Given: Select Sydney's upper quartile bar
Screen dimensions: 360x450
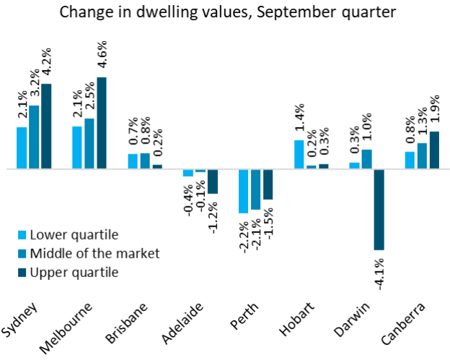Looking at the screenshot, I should coord(47,126).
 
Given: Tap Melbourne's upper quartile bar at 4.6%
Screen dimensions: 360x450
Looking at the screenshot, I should coord(102,123).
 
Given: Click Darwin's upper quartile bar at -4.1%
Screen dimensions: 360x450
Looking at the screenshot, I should coord(379,209).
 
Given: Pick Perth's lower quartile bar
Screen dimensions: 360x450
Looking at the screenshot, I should coord(244,191).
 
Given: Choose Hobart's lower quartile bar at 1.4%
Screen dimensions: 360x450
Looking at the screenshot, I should coord(299,154).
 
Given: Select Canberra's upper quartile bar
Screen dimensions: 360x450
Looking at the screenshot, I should coord(434,150).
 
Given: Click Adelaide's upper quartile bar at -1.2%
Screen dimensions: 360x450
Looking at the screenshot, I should coord(213,181).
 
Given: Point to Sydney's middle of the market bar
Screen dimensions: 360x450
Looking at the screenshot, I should coord(35,137).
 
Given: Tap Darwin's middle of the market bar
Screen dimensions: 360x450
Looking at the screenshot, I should coord(367,159).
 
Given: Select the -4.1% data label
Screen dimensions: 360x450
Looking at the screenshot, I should coord(379,271).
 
